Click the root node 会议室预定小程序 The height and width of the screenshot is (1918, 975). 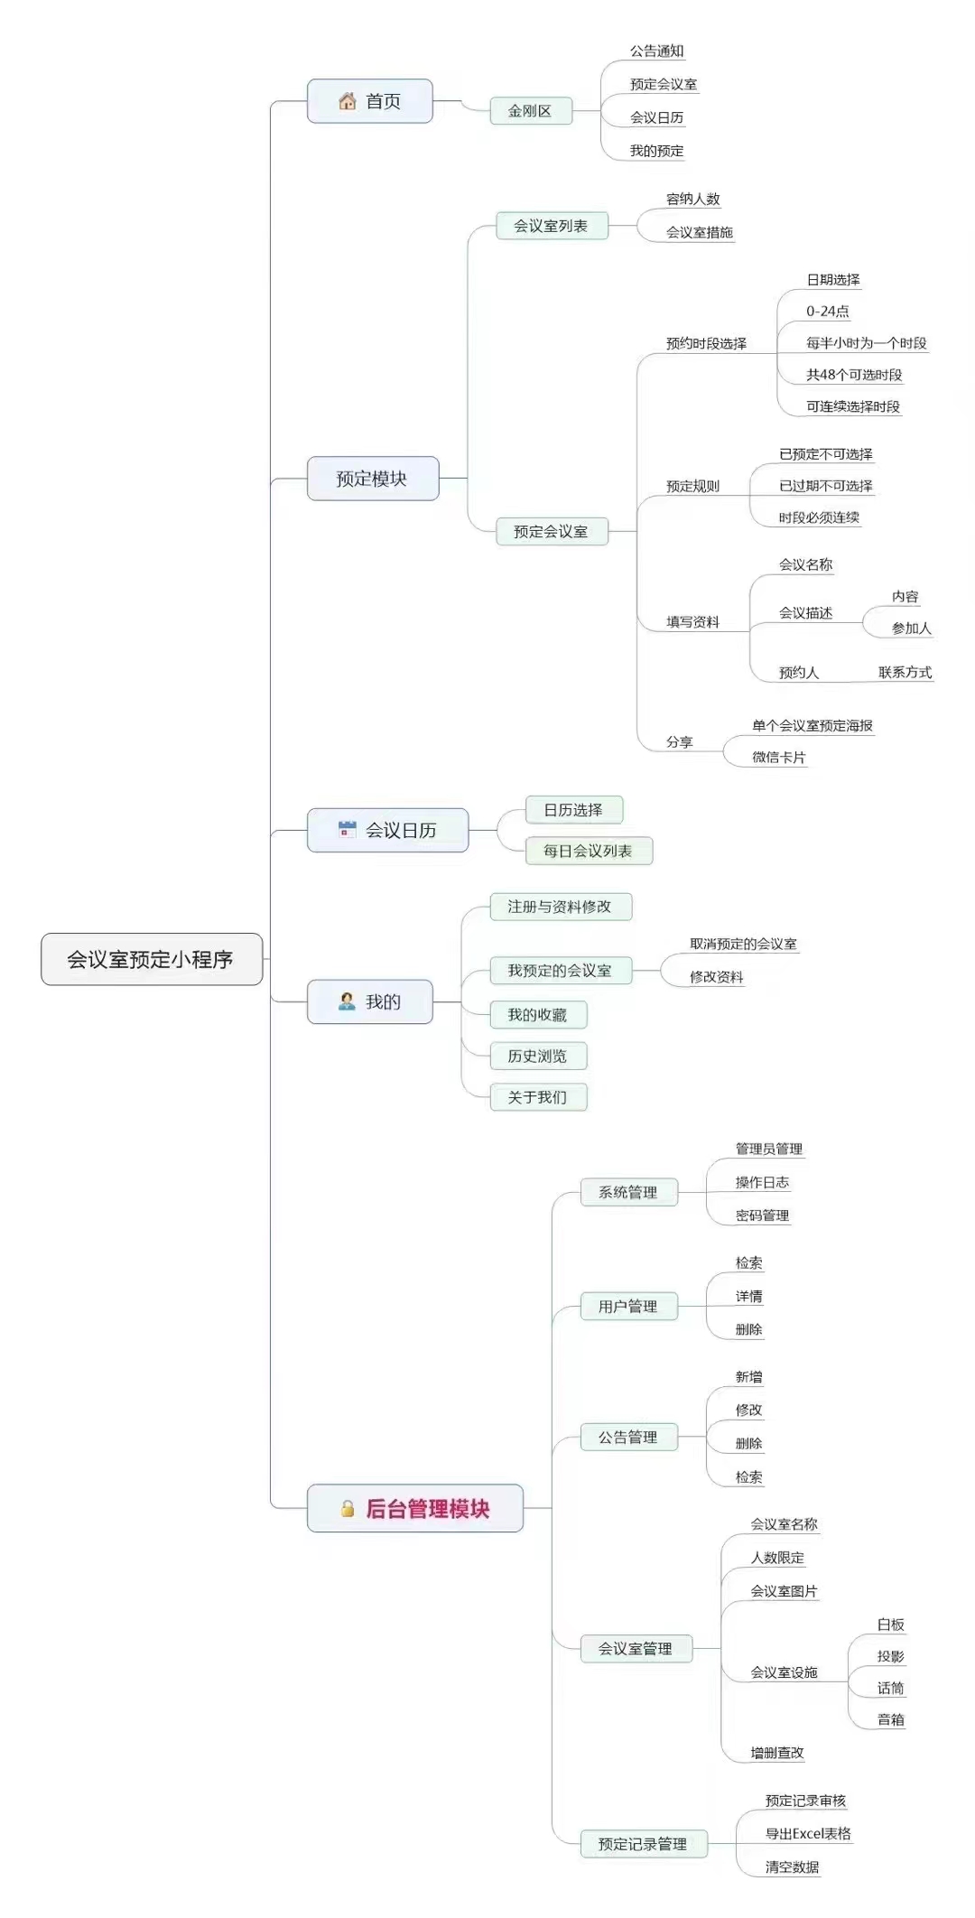tap(152, 959)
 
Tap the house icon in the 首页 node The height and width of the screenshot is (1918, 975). tap(348, 101)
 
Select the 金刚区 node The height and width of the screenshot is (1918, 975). tap(531, 111)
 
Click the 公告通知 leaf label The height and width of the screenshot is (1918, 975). tap(657, 51)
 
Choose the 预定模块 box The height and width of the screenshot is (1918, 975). tap(373, 479)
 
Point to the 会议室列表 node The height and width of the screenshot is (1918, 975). tap(552, 226)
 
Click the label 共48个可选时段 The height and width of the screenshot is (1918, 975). tap(854, 375)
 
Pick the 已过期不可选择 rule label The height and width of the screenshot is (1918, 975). tap(826, 486)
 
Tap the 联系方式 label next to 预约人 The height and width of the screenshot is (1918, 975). tap(905, 672)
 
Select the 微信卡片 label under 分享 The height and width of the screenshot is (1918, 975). tap(779, 758)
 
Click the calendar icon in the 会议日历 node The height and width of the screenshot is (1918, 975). tap(347, 829)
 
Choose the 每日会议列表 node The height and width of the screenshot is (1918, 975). tap(589, 851)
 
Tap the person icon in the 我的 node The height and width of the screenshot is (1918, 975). tap(347, 1001)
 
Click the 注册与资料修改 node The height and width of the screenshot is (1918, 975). tap(561, 907)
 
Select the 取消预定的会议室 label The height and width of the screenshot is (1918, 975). tap(744, 944)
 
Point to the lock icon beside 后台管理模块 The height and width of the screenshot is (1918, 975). tap(348, 1508)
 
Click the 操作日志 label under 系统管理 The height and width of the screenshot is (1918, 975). tap(762, 1182)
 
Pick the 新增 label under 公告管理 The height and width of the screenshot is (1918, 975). tap(748, 1377)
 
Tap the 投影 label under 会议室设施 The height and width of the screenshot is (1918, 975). tap(890, 1656)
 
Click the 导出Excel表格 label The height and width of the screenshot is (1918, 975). tap(808, 1833)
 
